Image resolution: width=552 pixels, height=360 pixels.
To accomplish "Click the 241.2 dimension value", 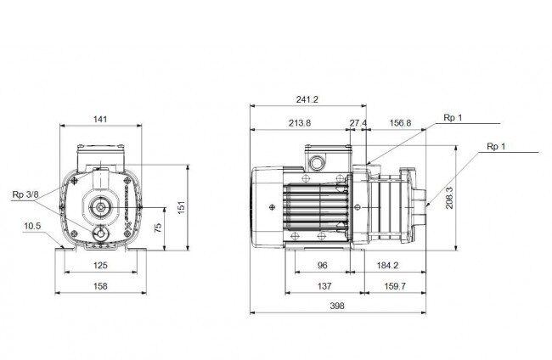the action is point(307,99).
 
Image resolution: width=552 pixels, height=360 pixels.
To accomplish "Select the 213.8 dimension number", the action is point(300,123).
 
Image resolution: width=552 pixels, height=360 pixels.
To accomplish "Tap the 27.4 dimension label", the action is point(358,123).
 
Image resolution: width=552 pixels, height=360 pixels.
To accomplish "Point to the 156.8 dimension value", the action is point(400,123).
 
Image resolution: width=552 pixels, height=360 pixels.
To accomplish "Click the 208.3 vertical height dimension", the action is point(449,198).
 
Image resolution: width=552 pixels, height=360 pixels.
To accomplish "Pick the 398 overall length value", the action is point(337,306).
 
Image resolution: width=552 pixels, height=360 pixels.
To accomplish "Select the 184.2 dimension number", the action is point(387,266).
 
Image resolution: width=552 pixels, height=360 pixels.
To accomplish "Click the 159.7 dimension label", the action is point(395,286).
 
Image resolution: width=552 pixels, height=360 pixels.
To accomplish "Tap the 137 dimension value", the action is point(324,286).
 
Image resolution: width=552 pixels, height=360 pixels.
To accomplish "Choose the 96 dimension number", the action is point(323,266).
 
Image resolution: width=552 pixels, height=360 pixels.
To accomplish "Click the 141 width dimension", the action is point(100,120).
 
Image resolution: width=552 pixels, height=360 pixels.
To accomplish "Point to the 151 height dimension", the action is point(181,208).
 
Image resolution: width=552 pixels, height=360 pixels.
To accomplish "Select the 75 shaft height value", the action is point(158,228).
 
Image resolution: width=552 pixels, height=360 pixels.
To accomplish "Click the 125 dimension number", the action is point(100,266).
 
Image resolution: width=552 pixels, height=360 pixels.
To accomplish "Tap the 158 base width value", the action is point(100,286).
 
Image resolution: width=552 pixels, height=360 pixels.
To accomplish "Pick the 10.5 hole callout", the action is point(32,226).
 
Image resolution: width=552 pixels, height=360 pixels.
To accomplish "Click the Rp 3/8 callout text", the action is point(25,194).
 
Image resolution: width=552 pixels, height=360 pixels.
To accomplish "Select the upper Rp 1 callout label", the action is point(453,117).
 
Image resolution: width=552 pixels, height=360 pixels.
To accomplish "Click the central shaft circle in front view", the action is point(101,207).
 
